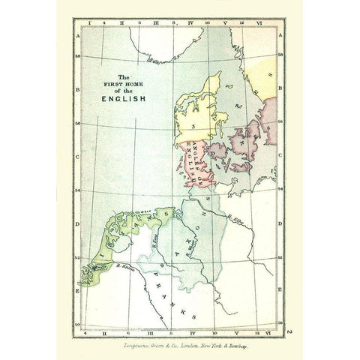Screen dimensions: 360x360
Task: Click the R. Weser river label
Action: click(x=193, y=242)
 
